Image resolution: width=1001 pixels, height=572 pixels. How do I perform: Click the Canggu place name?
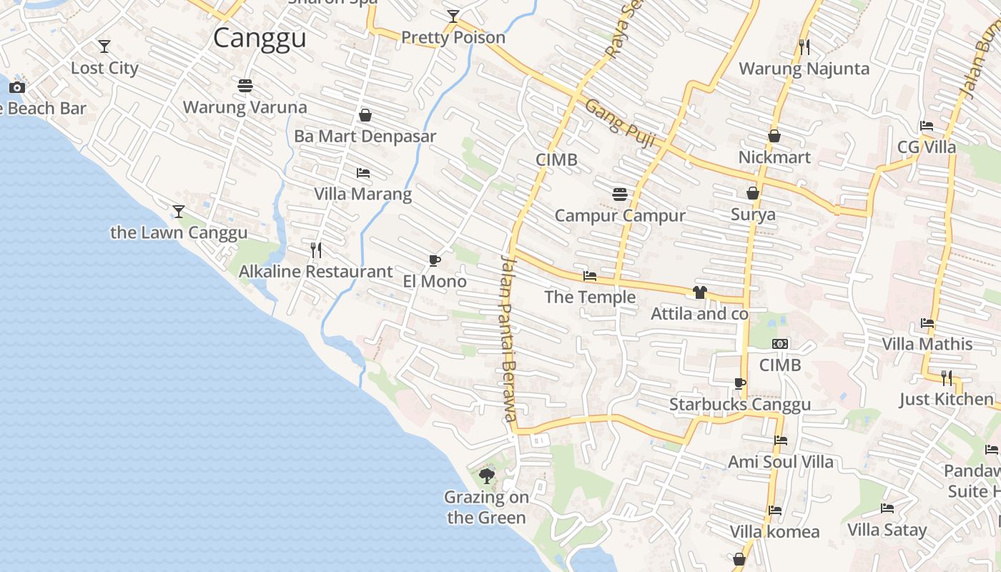(x=260, y=38)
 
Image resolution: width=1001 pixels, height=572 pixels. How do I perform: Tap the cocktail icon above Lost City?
(x=104, y=46)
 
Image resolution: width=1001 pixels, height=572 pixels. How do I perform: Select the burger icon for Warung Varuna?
(x=245, y=86)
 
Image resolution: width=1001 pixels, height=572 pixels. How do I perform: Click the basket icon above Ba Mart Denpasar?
(x=365, y=115)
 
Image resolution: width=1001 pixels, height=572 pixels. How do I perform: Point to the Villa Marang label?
(x=363, y=194)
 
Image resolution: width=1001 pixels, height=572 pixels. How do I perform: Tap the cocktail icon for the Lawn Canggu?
(x=179, y=212)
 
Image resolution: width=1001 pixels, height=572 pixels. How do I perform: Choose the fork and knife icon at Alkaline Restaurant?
(x=316, y=250)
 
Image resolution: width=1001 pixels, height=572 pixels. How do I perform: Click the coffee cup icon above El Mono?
(x=434, y=260)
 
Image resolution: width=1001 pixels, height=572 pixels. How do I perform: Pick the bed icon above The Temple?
(x=590, y=276)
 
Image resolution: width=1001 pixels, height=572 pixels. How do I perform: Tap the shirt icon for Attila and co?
(x=699, y=292)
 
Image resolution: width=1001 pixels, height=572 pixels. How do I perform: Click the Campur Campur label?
(x=620, y=215)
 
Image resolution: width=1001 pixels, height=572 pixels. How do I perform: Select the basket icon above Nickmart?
(x=774, y=136)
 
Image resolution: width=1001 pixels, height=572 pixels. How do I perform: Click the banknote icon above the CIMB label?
(x=780, y=344)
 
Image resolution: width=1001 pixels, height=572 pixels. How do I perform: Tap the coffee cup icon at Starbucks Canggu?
(x=740, y=384)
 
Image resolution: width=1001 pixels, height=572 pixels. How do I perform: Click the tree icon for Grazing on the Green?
(x=487, y=475)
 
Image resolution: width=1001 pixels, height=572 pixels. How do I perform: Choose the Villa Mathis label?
(x=927, y=344)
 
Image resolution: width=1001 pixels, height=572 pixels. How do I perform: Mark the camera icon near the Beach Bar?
(x=17, y=87)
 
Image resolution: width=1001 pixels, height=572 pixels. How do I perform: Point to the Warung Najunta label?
(x=804, y=69)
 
